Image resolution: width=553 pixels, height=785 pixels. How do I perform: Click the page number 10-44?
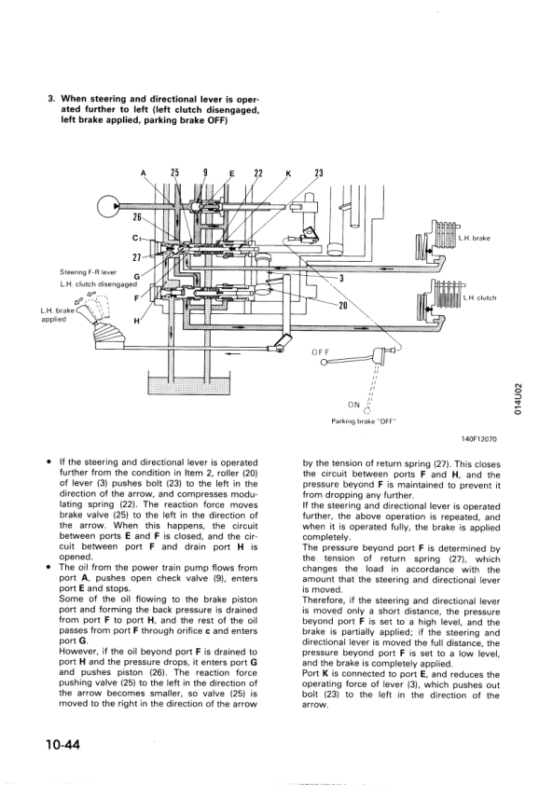[x=62, y=745]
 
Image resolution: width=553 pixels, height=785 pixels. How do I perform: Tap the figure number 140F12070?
[x=479, y=439]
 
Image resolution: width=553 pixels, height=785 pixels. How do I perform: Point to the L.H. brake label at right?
[x=475, y=239]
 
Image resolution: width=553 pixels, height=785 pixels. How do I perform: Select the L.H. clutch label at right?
[x=480, y=298]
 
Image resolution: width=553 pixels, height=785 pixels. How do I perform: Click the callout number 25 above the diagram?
[x=174, y=172]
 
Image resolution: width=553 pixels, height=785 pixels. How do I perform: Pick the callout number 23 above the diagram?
[x=319, y=173]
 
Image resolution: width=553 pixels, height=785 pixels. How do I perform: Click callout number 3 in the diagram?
[x=341, y=279]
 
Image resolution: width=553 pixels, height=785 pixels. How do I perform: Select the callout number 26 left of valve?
[x=137, y=217]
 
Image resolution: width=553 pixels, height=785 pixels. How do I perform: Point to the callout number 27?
[x=136, y=257]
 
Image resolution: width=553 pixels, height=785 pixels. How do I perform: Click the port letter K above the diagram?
[x=287, y=174]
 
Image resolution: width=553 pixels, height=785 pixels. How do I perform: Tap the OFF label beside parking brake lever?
[x=320, y=352]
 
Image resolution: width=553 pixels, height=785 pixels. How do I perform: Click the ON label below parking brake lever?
[x=353, y=405]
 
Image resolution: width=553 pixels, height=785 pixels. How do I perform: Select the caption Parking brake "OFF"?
[x=364, y=421]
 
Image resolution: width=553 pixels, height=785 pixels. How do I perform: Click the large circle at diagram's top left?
[x=108, y=206]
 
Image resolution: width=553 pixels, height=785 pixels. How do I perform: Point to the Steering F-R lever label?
[x=88, y=272]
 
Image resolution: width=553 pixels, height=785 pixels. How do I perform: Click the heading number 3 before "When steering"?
[x=50, y=99]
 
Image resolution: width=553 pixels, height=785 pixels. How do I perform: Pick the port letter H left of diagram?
[x=137, y=321]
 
